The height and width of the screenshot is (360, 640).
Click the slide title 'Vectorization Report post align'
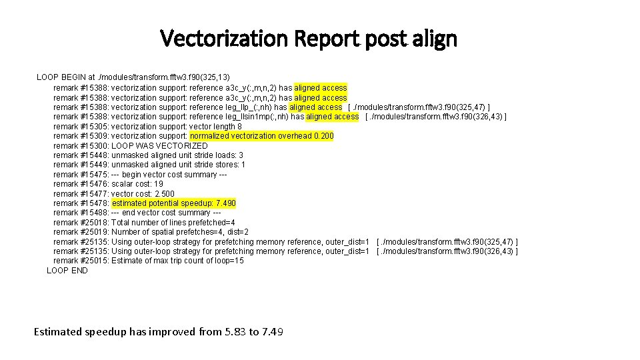[309, 39]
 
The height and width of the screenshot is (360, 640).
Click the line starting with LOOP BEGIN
[133, 77]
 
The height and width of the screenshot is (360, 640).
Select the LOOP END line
[67, 270]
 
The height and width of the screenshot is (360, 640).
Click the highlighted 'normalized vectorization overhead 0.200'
[262, 135]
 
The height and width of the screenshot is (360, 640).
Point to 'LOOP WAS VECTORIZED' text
[159, 145]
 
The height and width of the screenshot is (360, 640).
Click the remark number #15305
[94, 126]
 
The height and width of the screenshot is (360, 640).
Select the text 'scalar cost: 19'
[137, 183]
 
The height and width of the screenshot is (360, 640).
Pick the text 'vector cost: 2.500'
[143, 193]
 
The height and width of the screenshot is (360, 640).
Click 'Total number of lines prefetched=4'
[173, 222]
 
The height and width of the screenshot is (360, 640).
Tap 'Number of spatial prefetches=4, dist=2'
[180, 232]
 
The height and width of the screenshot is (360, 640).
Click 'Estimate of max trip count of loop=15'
[177, 261]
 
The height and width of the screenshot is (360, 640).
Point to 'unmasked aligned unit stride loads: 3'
[177, 155]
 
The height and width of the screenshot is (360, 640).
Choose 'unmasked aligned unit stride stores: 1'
[178, 164]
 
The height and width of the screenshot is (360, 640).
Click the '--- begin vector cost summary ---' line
[169, 174]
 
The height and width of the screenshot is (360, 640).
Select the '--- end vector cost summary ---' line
[166, 213]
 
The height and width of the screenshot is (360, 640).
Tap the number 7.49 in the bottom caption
[273, 331]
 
